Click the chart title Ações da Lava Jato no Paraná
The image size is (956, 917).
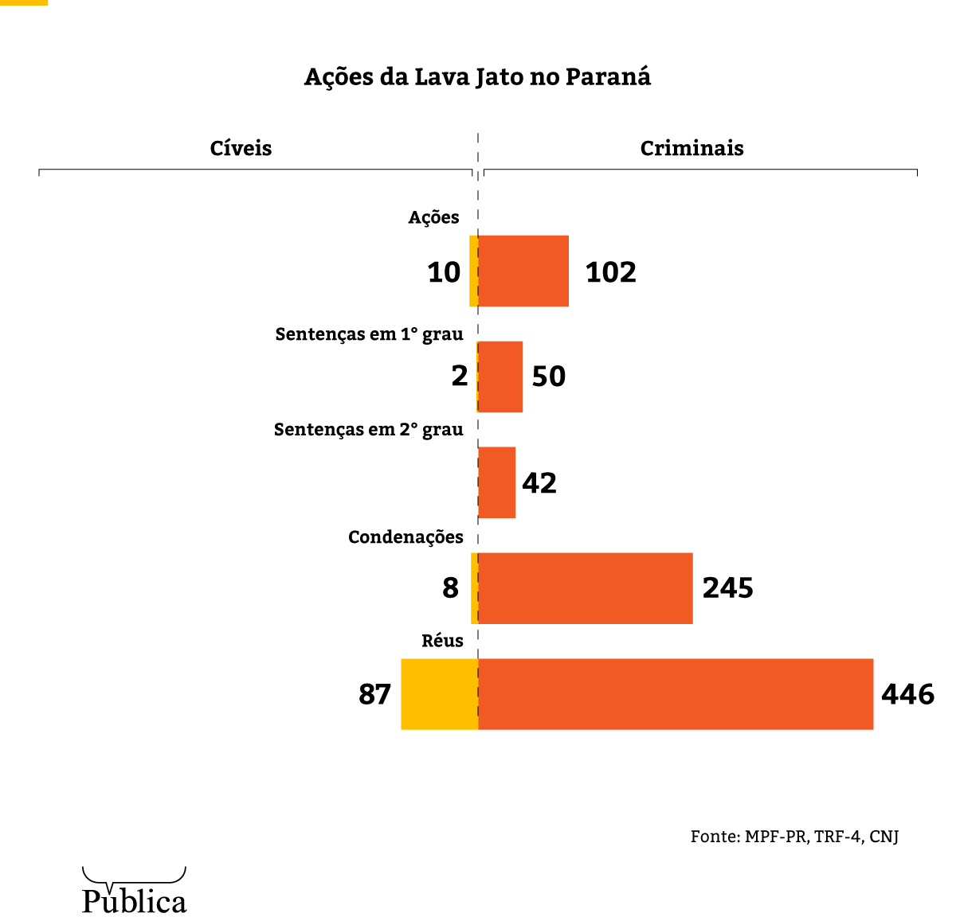click(x=477, y=77)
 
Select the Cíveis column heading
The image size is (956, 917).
click(x=241, y=149)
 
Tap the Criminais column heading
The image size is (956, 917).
click(x=692, y=149)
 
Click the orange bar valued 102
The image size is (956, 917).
click(x=524, y=271)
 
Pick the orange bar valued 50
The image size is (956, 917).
click(x=501, y=377)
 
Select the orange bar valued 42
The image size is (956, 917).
click(x=498, y=482)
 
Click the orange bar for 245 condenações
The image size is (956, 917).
click(x=586, y=588)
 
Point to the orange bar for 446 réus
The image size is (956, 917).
click(x=676, y=694)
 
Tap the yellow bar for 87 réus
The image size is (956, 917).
click(x=439, y=694)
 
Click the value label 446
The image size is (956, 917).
click(x=907, y=695)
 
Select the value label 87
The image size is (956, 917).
click(x=374, y=695)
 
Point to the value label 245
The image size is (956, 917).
click(x=727, y=588)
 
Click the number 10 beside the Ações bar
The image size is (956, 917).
click(x=444, y=273)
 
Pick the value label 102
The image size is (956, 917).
click(x=610, y=273)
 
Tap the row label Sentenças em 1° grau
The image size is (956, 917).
click(x=369, y=334)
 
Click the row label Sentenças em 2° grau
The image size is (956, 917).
click(x=368, y=430)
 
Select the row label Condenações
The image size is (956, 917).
click(x=406, y=537)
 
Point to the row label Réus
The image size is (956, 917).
click(x=442, y=641)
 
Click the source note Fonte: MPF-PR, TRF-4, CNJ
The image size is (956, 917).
click(x=794, y=837)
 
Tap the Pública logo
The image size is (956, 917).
click(x=134, y=892)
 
